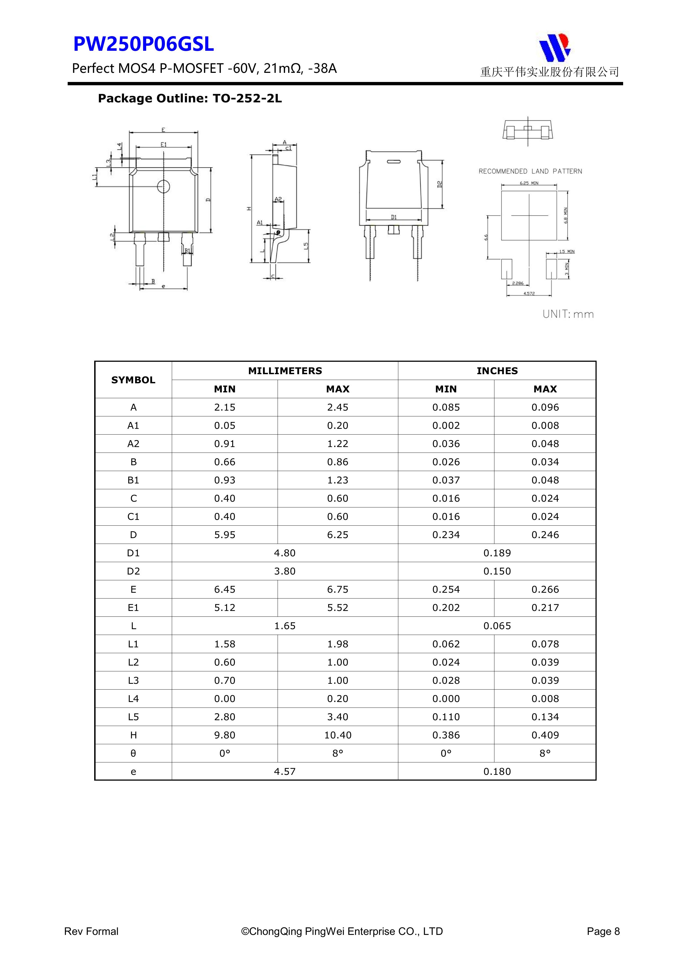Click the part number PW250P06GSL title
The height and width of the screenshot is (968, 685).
pos(144,44)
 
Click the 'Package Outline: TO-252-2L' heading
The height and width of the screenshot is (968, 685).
pos(189,99)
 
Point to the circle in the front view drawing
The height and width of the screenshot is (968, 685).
pos(163,186)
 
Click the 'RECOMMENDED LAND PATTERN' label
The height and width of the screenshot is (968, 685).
pos(530,171)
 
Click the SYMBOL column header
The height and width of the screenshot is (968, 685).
pos(133,380)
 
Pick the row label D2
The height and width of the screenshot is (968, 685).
pos(133,571)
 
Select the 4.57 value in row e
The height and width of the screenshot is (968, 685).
pos(285,772)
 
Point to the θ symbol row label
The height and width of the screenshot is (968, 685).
pos(133,753)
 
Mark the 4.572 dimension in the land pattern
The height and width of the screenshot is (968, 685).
pos(529,293)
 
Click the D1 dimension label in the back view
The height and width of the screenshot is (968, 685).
pos(393,217)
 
